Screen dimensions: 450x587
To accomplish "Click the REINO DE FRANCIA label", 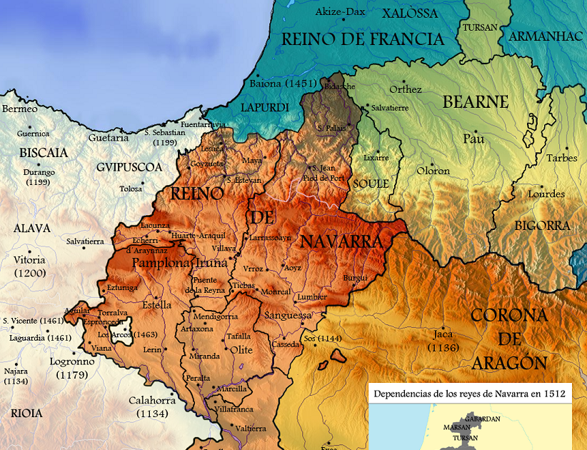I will [x=363, y=39].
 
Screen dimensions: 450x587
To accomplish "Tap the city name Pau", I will [x=473, y=138].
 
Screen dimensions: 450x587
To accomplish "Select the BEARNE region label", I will [x=476, y=101].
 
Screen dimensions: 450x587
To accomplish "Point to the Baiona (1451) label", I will [x=279, y=84].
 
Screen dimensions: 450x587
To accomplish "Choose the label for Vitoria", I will [x=29, y=260].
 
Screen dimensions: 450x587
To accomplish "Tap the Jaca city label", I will [x=443, y=334].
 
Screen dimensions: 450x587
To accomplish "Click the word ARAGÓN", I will [x=510, y=363].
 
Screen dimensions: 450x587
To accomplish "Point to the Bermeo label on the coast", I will [x=19, y=109].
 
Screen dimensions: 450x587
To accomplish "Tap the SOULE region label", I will [x=371, y=184].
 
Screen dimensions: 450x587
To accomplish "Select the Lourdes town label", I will [x=546, y=194].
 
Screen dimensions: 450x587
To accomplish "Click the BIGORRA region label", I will [x=541, y=226].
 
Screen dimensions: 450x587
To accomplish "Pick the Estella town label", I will [x=156, y=305].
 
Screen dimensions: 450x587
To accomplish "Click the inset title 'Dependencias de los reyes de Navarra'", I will [x=469, y=393].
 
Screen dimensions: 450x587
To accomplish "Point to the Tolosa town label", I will [x=131, y=189].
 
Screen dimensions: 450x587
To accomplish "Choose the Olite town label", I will [x=241, y=350].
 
